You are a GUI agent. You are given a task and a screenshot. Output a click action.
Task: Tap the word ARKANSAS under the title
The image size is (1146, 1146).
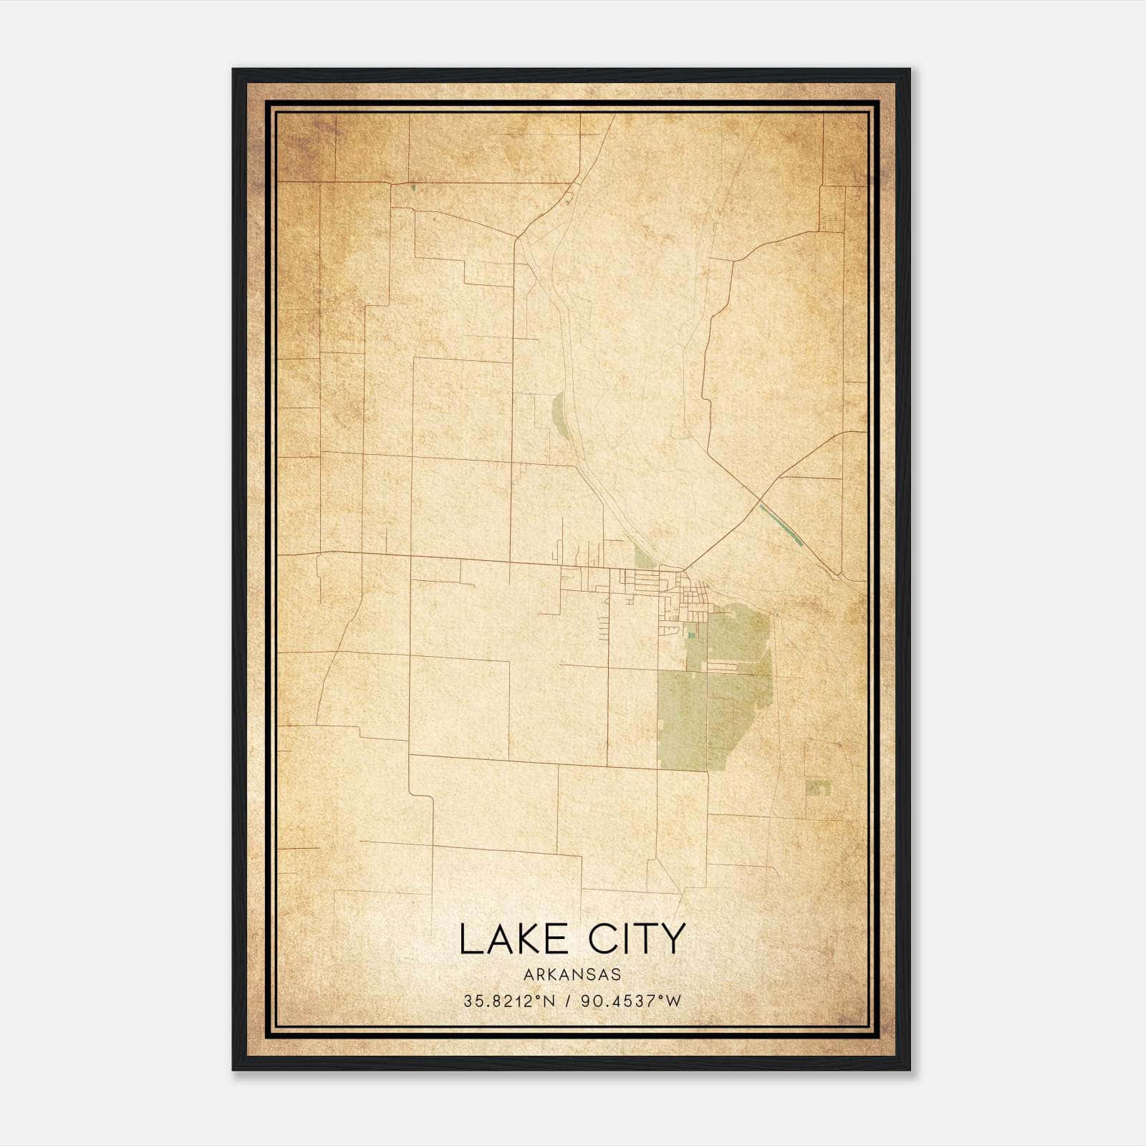click(x=572, y=974)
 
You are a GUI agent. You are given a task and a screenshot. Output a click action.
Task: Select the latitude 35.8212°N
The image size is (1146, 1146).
click(x=508, y=1001)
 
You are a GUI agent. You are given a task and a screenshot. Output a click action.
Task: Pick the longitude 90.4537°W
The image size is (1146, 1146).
click(x=630, y=1001)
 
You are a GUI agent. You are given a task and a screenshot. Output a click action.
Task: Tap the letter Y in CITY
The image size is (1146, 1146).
click(x=673, y=939)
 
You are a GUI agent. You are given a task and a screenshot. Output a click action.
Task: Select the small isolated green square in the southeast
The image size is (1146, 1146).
click(x=817, y=788)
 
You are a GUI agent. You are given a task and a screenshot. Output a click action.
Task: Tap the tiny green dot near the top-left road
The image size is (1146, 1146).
click(x=413, y=188)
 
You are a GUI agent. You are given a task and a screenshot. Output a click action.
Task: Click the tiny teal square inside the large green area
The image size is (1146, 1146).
click(x=691, y=634)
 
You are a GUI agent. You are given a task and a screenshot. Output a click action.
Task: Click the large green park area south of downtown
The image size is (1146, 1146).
click(x=716, y=695)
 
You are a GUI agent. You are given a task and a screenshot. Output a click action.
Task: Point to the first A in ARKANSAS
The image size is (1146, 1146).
click(x=529, y=974)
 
